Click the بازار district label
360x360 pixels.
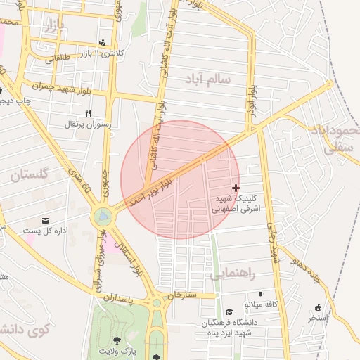tap(53, 27)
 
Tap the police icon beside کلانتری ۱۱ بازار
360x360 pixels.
tap(103, 42)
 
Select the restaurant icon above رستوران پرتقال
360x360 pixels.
tap(88, 113)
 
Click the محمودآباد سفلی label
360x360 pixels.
tap(335, 139)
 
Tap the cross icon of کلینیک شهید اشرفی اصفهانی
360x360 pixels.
tap(235, 188)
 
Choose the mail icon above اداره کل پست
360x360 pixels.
tap(46, 221)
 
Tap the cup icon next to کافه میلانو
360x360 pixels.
tap(262, 294)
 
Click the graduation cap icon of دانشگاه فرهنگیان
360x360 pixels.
tap(229, 312)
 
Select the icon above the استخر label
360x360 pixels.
tap(318, 307)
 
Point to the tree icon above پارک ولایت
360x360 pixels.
tap(116, 340)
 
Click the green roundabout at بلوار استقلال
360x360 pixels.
tap(103, 216)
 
